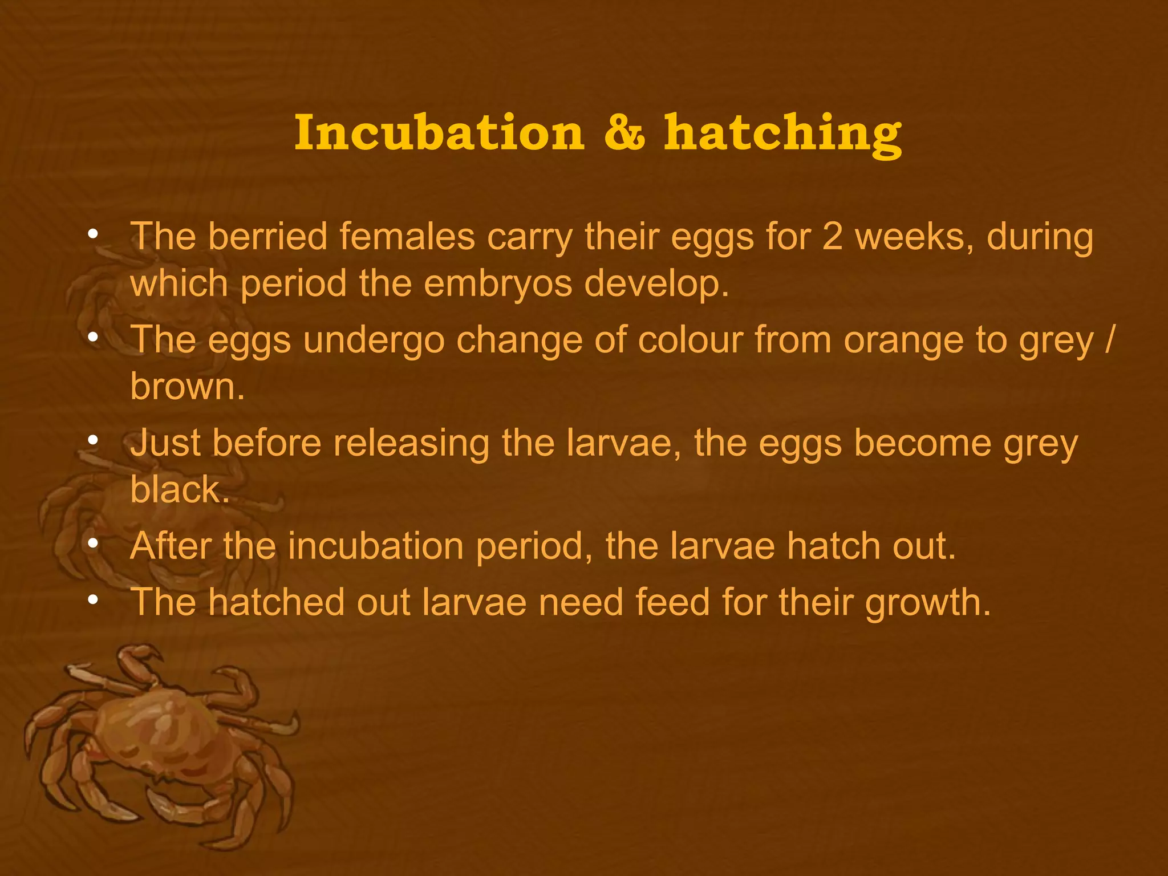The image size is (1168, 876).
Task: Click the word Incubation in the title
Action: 440,133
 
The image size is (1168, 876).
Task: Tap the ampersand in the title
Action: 624,133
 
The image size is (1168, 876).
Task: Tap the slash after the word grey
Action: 1108,340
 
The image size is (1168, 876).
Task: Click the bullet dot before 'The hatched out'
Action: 93,599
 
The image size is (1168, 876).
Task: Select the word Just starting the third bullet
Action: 165,443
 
